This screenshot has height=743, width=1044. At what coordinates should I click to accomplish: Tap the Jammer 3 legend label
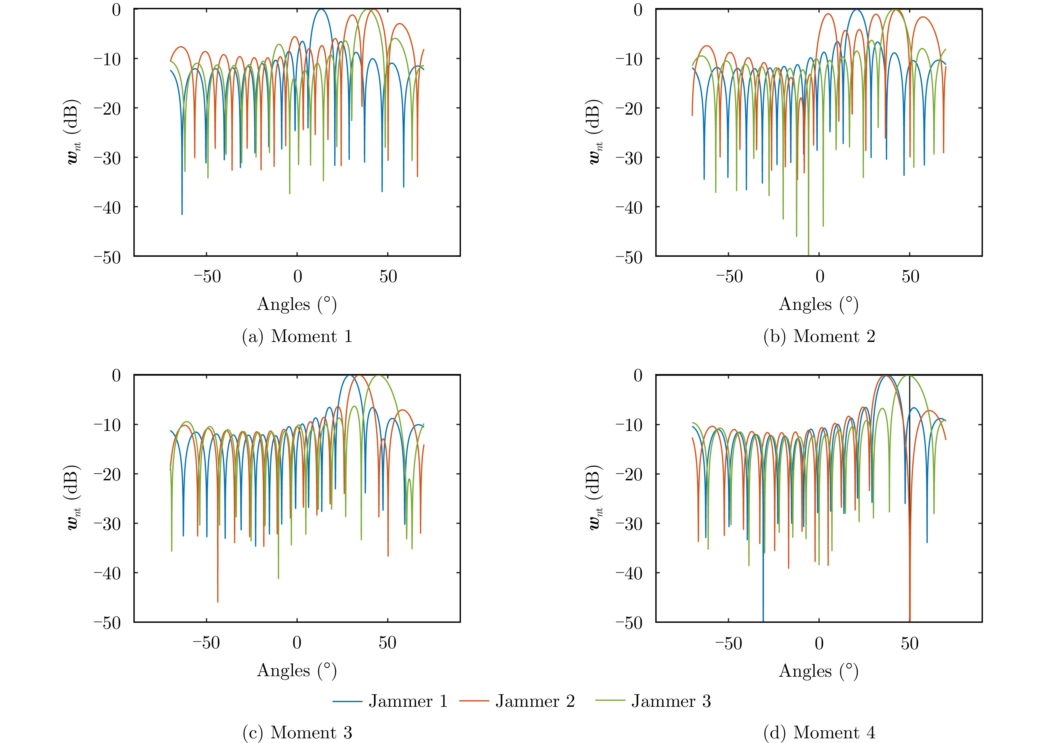pos(671,701)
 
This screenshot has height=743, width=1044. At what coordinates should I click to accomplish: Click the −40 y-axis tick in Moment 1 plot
pos(107,207)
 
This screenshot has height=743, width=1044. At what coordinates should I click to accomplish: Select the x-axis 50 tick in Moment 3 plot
pos(387,643)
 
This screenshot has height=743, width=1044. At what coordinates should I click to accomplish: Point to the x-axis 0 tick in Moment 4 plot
pos(819,643)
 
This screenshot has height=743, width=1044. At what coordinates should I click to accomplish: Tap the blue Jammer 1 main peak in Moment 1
pos(321,10)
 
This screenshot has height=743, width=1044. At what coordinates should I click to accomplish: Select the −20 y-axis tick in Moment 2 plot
pos(629,109)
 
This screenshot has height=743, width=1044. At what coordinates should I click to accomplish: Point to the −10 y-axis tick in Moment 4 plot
pos(629,425)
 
